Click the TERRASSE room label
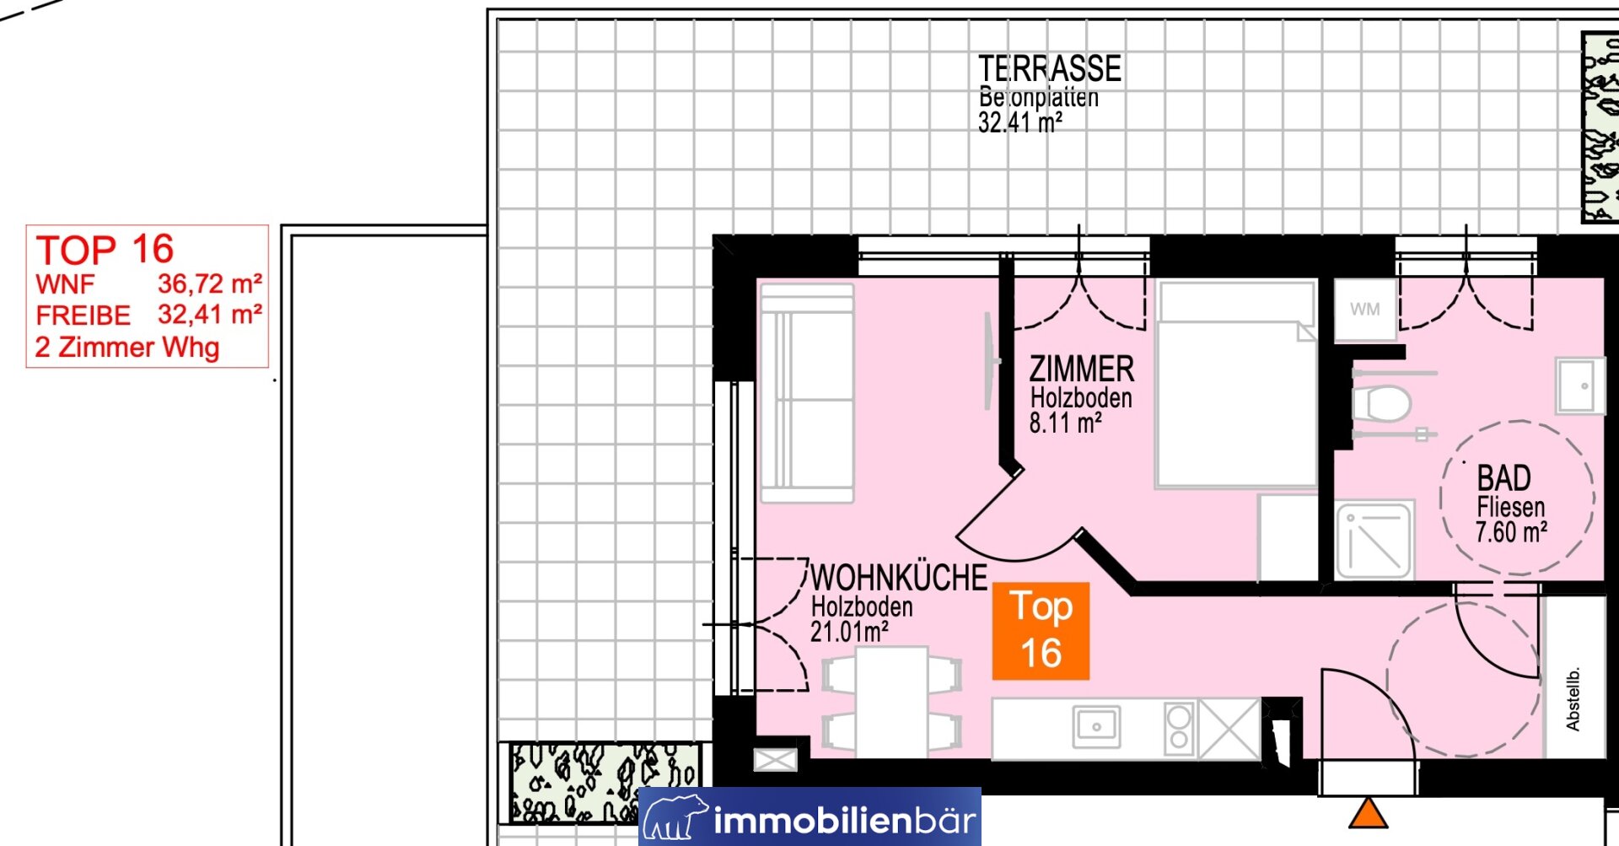point(1050,68)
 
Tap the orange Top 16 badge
point(1041,631)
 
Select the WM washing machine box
point(1364,310)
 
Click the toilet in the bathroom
point(1380,403)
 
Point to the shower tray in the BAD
point(1374,540)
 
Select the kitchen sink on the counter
point(1096,726)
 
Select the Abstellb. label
point(1573,698)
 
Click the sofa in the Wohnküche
point(807,393)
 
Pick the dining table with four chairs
point(892,702)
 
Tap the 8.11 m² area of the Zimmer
point(1065,423)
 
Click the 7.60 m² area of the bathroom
point(1511,532)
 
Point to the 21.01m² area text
point(849,631)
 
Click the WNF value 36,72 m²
point(210,283)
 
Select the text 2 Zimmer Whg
point(127,347)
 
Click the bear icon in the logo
point(675,816)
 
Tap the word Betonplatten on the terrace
point(1039,97)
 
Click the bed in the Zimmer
point(1236,385)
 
